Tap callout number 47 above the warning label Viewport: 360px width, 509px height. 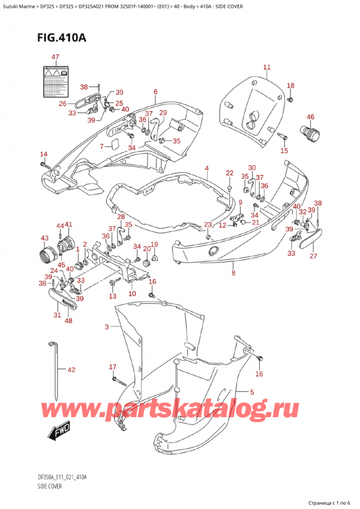[x=55, y=57]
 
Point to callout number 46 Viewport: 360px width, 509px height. [x=310, y=117]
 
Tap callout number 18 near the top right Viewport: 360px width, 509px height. [x=290, y=85]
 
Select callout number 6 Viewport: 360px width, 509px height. [x=155, y=91]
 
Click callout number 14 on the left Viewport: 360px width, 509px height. [x=43, y=154]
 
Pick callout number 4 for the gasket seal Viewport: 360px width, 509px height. [x=206, y=168]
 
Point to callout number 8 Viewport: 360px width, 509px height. [x=233, y=273]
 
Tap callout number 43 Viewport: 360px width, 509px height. [x=44, y=238]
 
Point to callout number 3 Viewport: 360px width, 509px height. [x=107, y=327]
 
